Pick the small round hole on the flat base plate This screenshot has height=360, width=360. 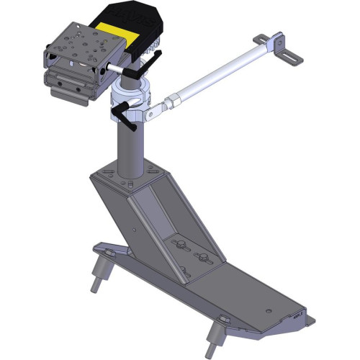click(x=267, y=311)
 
